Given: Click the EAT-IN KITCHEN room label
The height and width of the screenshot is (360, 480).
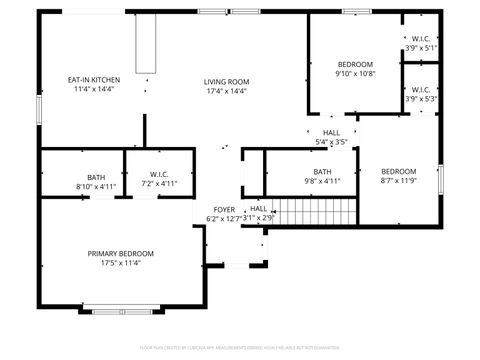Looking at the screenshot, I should pyautogui.click(x=93, y=80).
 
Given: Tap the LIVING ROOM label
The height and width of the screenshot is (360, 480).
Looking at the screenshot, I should pyautogui.click(x=226, y=81).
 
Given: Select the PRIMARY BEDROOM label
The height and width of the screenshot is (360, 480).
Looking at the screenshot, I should pyautogui.click(x=120, y=254).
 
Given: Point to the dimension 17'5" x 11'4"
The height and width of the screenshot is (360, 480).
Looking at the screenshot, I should pyautogui.click(x=120, y=264).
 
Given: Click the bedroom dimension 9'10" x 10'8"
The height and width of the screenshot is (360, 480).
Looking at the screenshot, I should pyautogui.click(x=354, y=73).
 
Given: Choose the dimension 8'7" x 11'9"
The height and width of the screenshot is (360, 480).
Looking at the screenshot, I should pyautogui.click(x=398, y=181).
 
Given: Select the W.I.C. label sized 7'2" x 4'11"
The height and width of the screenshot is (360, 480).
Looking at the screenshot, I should pyautogui.click(x=158, y=176).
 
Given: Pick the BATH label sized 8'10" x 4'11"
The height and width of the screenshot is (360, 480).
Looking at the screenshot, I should pyautogui.click(x=96, y=177).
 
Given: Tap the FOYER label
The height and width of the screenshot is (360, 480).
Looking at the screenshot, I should pyautogui.click(x=224, y=209).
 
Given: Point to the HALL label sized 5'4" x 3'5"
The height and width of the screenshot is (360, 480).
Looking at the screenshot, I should pyautogui.click(x=331, y=133).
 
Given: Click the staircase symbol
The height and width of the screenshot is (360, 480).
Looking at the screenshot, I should pyautogui.click(x=317, y=211).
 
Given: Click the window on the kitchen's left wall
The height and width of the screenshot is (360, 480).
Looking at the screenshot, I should pyautogui.click(x=39, y=107).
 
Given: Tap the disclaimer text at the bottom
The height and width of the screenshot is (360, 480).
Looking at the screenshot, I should pyautogui.click(x=240, y=347).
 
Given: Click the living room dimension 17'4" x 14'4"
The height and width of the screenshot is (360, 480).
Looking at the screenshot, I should pyautogui.click(x=226, y=91).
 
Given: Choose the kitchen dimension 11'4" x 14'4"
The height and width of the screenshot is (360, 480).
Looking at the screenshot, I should pyautogui.click(x=93, y=90).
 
